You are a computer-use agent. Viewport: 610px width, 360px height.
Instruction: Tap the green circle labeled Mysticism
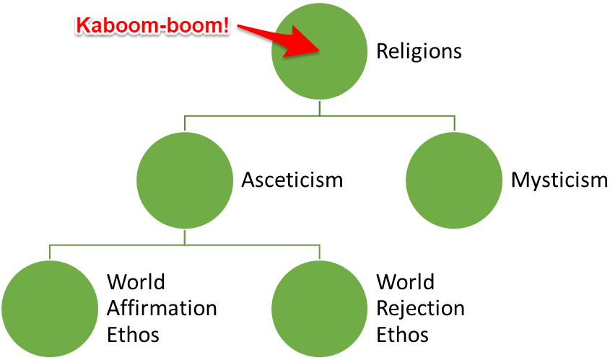coord(455,180)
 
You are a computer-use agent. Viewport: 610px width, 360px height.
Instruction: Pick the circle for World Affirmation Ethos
coord(50,308)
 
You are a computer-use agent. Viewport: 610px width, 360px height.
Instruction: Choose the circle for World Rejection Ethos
coord(320,308)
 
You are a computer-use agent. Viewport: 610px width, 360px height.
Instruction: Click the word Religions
coord(419,52)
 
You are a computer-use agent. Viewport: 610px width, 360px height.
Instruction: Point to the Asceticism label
coord(292,180)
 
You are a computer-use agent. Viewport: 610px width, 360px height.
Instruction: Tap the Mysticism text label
coord(559,180)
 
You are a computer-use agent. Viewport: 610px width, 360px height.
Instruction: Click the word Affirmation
coord(162,308)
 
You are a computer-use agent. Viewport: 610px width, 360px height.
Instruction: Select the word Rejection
coord(420,308)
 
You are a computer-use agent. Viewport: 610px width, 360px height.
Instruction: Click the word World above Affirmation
coord(136,281)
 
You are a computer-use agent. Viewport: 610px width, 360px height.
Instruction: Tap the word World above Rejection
coord(406,281)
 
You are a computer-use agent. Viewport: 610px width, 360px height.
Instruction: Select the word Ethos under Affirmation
coord(133,335)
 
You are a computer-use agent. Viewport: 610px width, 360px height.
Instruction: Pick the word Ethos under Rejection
coord(403,335)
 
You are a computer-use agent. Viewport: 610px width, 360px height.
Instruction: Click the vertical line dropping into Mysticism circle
coord(455,123)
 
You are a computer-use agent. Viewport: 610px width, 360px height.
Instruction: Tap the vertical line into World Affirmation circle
coord(50,252)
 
